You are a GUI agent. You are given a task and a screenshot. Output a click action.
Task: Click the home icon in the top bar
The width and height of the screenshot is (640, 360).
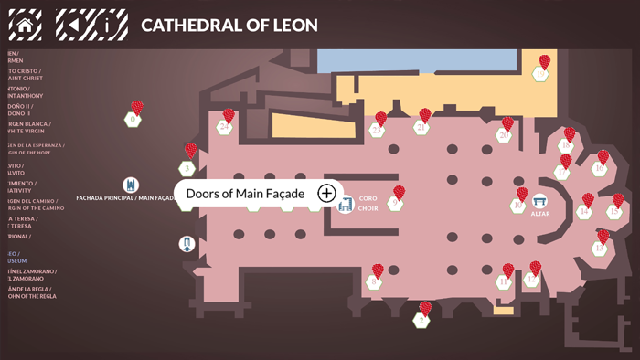[x=26, y=25]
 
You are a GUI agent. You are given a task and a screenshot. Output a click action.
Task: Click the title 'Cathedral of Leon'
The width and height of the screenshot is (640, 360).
[x=229, y=25]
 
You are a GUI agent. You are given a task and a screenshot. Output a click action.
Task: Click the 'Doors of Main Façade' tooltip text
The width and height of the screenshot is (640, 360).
[x=245, y=193]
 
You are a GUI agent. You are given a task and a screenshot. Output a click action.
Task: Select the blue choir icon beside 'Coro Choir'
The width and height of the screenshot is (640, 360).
[x=345, y=204]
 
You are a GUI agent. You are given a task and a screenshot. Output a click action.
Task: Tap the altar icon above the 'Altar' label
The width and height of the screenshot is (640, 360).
[x=540, y=201]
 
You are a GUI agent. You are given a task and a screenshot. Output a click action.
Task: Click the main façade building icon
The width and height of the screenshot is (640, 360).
[x=131, y=185]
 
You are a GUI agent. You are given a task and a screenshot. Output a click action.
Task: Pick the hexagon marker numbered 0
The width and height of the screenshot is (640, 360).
[x=133, y=119]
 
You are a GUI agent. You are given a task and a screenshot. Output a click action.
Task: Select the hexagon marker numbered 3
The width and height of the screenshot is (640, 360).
[x=187, y=168]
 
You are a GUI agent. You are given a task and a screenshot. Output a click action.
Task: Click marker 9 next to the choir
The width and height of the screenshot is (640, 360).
[x=394, y=203]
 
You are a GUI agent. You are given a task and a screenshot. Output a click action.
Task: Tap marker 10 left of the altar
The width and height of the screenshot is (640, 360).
[x=517, y=206]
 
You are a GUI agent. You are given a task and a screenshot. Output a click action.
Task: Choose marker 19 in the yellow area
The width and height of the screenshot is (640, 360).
[x=541, y=73]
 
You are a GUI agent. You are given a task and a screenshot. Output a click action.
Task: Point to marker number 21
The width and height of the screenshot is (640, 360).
[x=421, y=128]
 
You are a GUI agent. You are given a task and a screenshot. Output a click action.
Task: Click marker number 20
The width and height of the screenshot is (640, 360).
[x=503, y=135]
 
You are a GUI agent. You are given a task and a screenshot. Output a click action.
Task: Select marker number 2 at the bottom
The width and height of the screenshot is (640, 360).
[x=421, y=320]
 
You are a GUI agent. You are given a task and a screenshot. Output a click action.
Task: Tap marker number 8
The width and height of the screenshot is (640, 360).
[x=373, y=282]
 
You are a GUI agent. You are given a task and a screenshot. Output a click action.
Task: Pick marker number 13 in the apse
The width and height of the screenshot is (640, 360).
[x=600, y=248]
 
